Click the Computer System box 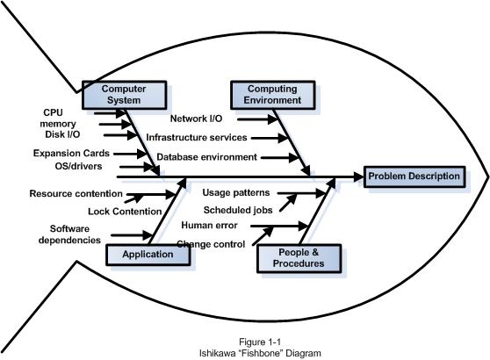pyautogui.click(x=124, y=95)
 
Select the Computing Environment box pyautogui.click(x=272, y=95)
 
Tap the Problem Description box pyautogui.click(x=414, y=176)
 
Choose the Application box pyautogui.click(x=148, y=255)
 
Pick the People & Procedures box pyautogui.click(x=299, y=258)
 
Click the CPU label pyautogui.click(x=53, y=112)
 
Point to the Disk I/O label pyautogui.click(x=62, y=134)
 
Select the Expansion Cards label pyautogui.click(x=71, y=153)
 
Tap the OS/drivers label pyautogui.click(x=78, y=166)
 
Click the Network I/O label pyautogui.click(x=196, y=119)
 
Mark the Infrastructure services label pyautogui.click(x=197, y=138)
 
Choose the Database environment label pyautogui.click(x=206, y=157)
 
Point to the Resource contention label pyautogui.click(x=76, y=194)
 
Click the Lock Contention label pyautogui.click(x=125, y=212)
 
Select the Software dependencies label pyautogui.click(x=69, y=234)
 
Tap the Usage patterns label pyautogui.click(x=236, y=193)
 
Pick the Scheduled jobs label pyautogui.click(x=238, y=210)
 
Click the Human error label pyautogui.click(x=209, y=226)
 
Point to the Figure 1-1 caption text pyautogui.click(x=260, y=342)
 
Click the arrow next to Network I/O pyautogui.click(x=257, y=119)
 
